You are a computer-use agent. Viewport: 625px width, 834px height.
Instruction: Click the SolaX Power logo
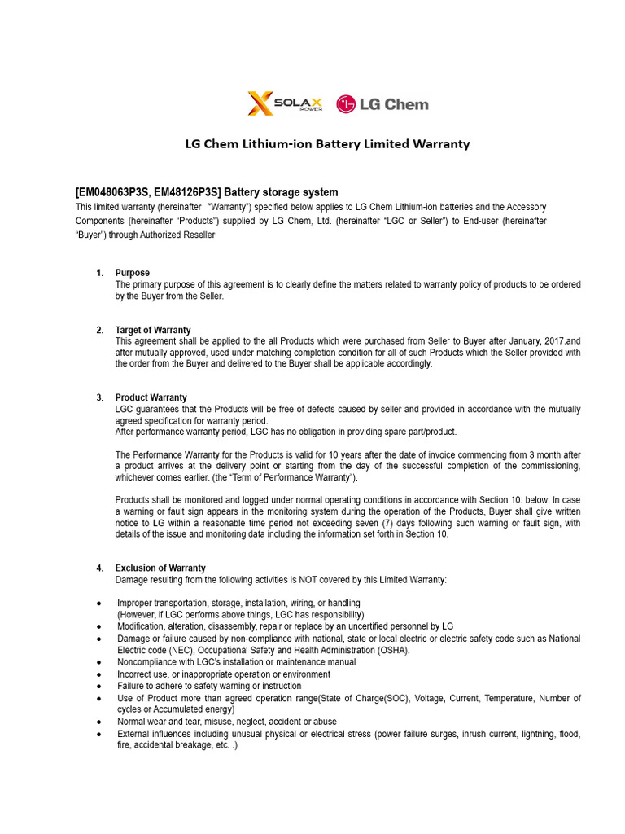(x=285, y=103)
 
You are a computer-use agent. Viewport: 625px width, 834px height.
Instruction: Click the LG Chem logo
(x=382, y=104)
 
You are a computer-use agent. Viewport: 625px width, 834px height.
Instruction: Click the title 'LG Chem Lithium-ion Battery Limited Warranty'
(x=328, y=144)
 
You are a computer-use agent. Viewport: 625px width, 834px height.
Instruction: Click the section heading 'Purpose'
(x=133, y=273)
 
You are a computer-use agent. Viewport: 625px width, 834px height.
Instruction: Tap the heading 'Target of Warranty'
(x=153, y=330)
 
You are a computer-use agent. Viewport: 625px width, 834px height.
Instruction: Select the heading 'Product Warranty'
(x=151, y=397)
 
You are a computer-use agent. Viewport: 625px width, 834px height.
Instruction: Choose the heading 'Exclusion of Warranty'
(x=160, y=568)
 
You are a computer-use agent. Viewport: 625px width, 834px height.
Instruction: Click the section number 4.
(x=99, y=568)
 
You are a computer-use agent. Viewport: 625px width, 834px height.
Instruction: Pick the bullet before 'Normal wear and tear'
(x=98, y=722)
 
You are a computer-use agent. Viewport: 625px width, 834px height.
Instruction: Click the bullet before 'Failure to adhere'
(x=98, y=687)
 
